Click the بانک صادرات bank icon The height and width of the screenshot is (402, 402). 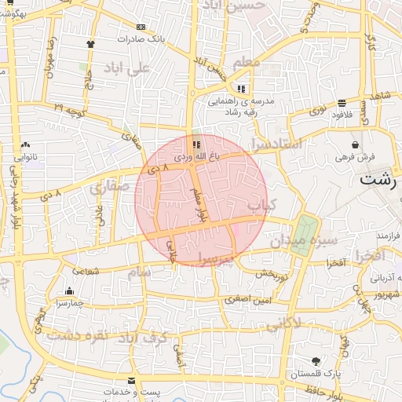point(141,26)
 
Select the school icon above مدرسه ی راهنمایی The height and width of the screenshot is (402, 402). point(241,89)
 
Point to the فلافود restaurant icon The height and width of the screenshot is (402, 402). point(342,104)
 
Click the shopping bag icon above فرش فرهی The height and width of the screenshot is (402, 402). point(356,145)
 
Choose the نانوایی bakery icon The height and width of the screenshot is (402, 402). point(27,145)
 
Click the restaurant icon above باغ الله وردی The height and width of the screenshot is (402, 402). point(196,144)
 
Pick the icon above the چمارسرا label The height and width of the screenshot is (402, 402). point(70,291)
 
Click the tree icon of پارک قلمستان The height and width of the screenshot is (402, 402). point(316,361)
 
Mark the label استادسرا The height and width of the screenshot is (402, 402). point(276,144)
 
